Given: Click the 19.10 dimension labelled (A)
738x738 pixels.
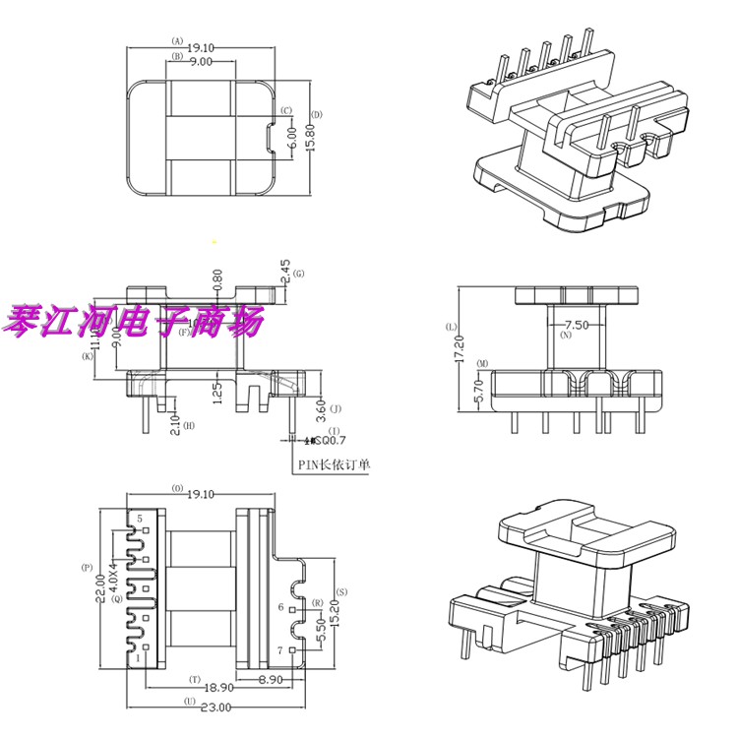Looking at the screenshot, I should point(201,46).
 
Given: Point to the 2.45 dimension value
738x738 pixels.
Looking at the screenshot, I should point(285,272).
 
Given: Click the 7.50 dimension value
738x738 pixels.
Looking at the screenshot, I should point(576,325).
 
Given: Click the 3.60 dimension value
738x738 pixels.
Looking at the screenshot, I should point(321,405).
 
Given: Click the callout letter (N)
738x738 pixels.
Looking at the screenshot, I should point(565,336).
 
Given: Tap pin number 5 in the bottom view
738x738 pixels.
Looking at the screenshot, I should point(140,518).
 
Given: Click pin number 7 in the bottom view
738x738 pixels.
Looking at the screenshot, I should point(280,650).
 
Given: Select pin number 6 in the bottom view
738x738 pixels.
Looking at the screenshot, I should point(280,608).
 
